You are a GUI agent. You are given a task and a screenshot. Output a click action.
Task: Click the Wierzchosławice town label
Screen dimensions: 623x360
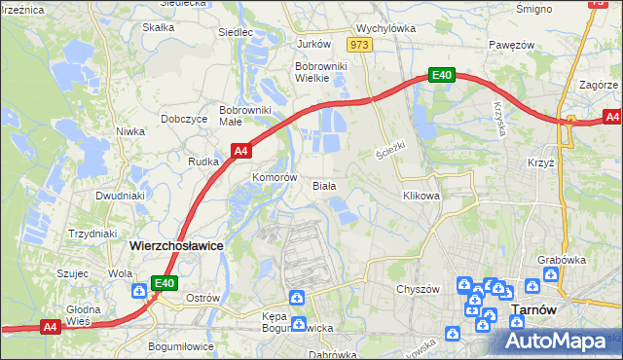(x=176, y=246)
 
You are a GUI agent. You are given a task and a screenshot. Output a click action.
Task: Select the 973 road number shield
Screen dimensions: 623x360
(x=360, y=45)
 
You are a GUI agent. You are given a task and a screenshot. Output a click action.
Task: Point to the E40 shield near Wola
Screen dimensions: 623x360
(x=164, y=283)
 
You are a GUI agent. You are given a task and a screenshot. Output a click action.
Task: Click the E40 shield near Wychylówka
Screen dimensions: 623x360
(x=443, y=75)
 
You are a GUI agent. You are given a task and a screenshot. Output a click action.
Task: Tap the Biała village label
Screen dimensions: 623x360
(x=323, y=185)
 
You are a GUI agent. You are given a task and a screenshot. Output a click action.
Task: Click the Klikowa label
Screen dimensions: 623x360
(x=421, y=196)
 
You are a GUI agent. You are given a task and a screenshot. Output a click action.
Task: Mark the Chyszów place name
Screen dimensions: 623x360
(x=419, y=289)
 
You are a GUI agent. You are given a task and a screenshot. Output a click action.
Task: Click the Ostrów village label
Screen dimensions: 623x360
(x=202, y=297)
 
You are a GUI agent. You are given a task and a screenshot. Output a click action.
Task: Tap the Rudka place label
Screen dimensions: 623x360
(x=202, y=162)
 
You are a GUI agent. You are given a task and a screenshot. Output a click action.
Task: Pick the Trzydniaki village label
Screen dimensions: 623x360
(x=92, y=234)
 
